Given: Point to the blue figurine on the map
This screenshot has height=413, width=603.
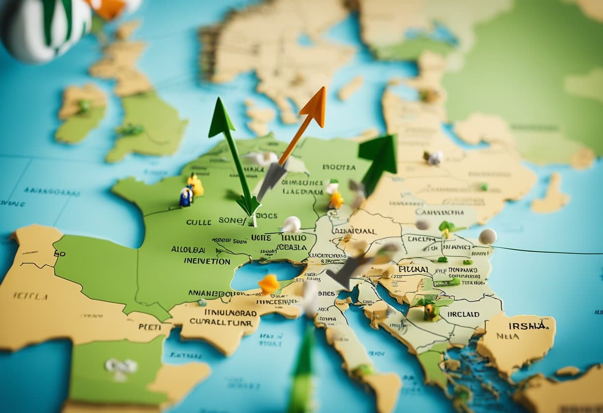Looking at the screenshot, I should coord(186,197).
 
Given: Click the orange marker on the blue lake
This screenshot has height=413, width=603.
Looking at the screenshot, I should coord(269,284).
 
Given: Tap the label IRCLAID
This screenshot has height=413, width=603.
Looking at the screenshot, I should coord(463,314).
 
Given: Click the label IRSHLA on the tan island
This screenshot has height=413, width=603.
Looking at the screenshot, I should coord(528,326).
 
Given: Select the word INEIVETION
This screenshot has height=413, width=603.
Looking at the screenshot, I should coord(207,261).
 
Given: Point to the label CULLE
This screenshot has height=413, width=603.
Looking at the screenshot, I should coord(198,222).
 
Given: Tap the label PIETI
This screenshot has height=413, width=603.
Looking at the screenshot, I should coord(149,327).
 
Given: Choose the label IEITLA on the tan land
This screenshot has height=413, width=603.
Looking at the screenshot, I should coord(31,296).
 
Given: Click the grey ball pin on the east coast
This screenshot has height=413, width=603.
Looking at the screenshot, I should coord(487,236).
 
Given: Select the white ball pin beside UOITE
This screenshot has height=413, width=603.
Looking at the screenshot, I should coord(292,224).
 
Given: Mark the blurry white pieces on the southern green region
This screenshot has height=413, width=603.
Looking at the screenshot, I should coord(121,366).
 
